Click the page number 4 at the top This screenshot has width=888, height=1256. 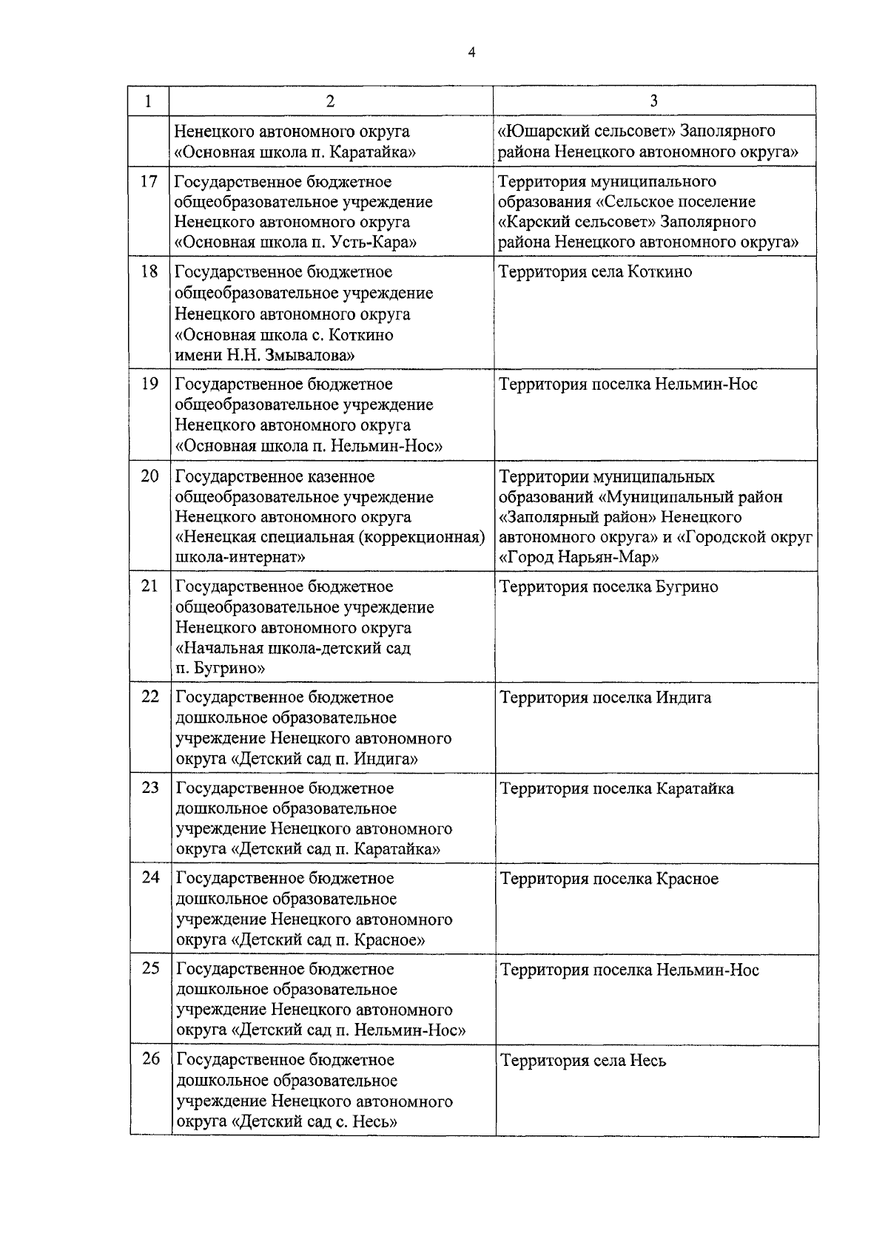point(471,52)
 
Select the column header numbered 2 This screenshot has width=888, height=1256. point(330,101)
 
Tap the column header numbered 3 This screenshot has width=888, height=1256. point(653,101)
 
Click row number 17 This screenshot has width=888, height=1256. point(149,181)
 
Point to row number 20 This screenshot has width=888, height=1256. point(149,476)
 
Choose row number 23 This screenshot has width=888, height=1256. point(150,788)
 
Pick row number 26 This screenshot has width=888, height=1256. point(150,1059)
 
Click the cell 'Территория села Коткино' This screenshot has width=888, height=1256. point(596,272)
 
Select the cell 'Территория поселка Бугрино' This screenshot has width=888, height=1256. point(608,587)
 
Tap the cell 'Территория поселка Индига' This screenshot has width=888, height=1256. point(605,698)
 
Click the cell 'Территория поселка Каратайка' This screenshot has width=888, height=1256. point(617,789)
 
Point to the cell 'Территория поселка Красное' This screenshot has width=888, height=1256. point(609,879)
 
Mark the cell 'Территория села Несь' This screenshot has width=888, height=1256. point(583,1061)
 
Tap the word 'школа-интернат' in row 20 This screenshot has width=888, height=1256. point(239,557)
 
